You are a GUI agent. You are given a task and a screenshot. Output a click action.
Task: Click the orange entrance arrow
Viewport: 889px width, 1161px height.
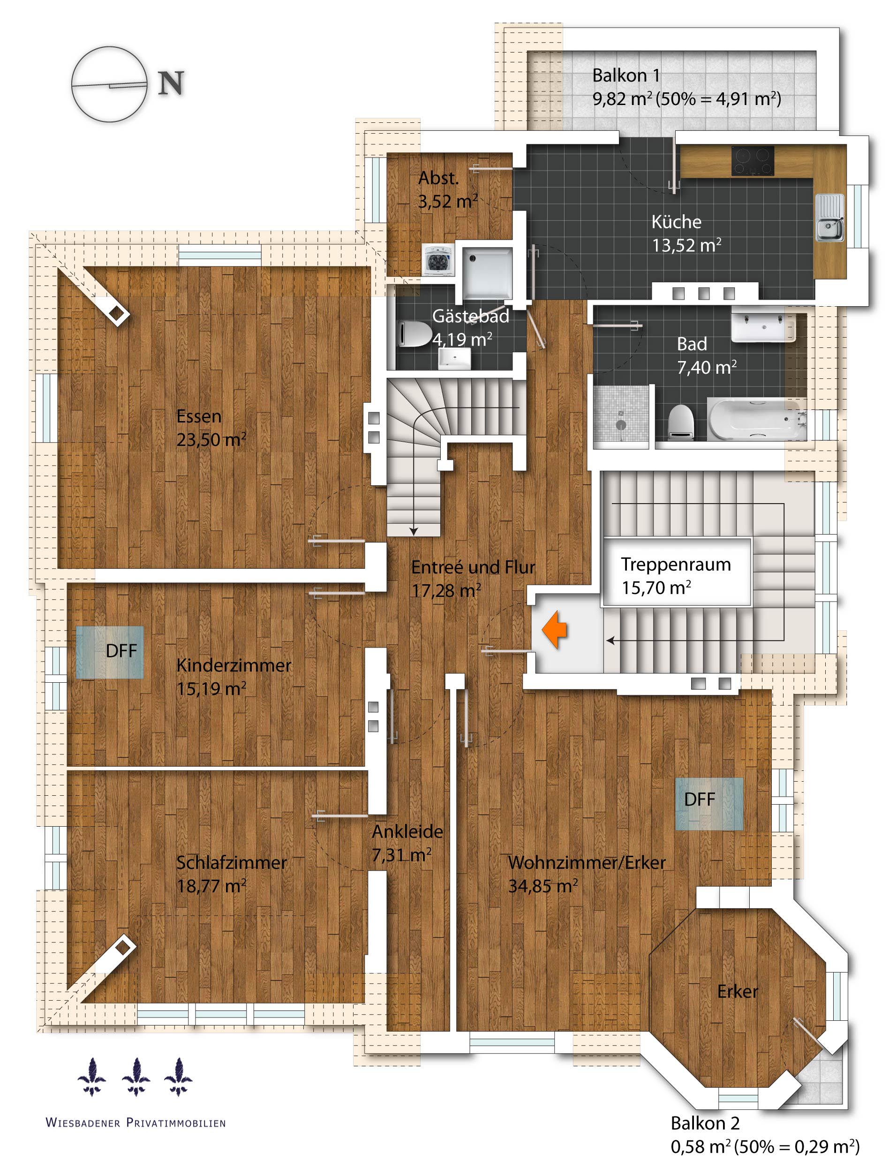coord(555,630)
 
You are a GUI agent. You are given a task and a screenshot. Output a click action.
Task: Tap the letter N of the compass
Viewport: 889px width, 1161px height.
coord(171,83)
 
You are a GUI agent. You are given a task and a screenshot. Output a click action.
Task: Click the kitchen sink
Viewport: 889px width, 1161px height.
coord(829,217)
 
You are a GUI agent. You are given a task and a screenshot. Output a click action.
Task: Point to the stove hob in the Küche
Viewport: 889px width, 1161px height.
coord(753,161)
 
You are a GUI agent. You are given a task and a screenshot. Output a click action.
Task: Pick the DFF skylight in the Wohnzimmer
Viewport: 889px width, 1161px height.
coord(708,804)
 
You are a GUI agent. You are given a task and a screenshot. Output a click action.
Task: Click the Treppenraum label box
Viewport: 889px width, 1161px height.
coord(676,572)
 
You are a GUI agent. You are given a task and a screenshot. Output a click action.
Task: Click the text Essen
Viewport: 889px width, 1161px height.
coord(199,416)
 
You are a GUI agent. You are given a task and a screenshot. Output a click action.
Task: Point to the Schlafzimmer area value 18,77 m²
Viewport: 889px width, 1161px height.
coord(211,886)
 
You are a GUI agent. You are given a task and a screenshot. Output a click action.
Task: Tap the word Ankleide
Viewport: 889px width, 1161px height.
coord(407,831)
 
